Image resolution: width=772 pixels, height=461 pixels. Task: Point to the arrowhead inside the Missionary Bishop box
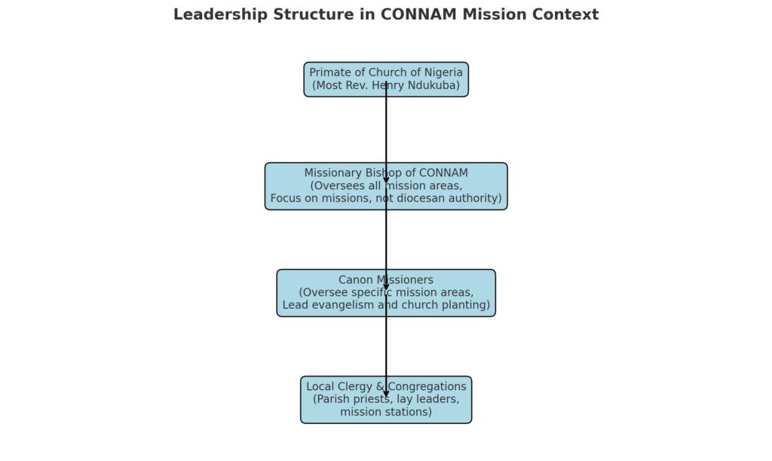[386, 180]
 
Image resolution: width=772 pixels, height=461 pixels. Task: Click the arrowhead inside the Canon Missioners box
[386, 287]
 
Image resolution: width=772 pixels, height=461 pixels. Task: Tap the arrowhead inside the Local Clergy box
[386, 394]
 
